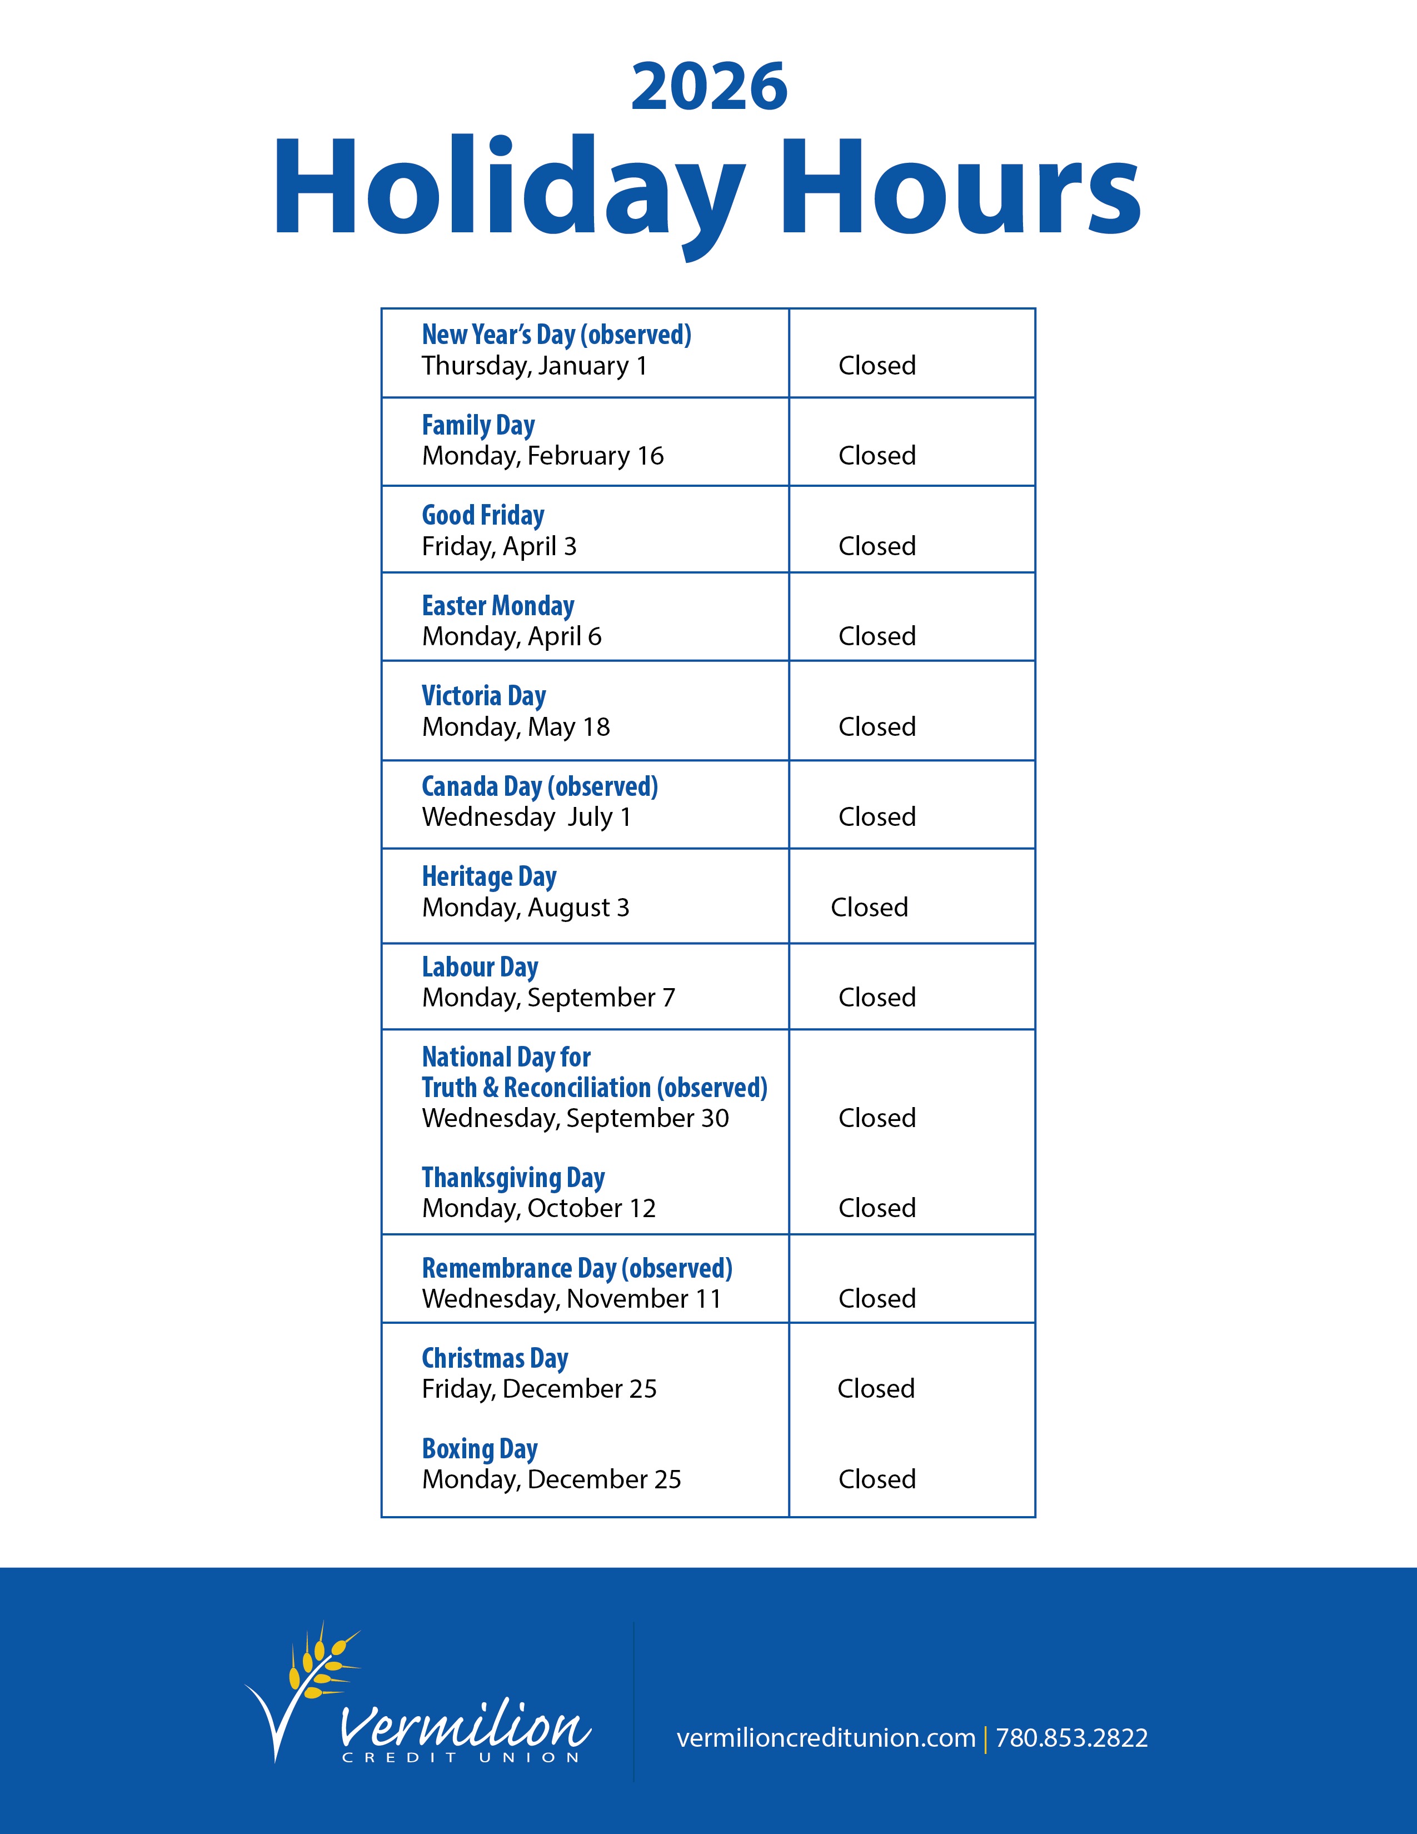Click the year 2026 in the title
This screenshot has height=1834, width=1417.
point(710,87)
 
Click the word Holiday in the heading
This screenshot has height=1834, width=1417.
point(508,186)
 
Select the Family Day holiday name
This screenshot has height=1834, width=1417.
point(478,425)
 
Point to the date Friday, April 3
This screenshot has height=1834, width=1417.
point(500,547)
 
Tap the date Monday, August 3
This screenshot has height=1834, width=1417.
point(526,908)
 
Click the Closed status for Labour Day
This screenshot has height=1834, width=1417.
point(876,998)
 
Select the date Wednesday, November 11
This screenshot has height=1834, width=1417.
point(572,1299)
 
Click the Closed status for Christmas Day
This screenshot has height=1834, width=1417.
point(876,1389)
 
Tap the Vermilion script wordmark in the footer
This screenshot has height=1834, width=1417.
point(464,1727)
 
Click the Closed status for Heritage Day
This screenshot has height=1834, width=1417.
point(869,908)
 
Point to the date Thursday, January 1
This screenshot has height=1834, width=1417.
point(534,366)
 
